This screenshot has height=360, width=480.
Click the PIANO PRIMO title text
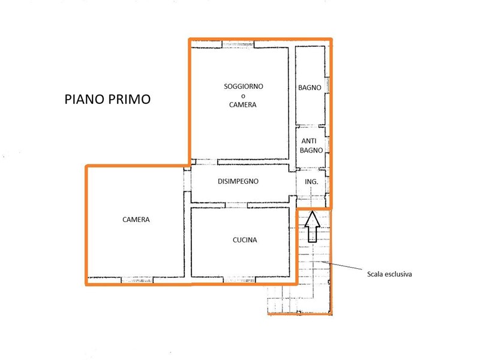click(107, 99)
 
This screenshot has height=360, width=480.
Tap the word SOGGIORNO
click(244, 86)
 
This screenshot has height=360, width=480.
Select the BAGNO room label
click(310, 88)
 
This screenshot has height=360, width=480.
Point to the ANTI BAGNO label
click(311, 146)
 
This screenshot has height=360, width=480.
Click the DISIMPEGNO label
click(238, 181)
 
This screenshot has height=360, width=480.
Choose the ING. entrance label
click(311, 182)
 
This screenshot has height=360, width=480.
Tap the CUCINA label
click(245, 240)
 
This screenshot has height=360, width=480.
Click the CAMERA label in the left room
click(136, 220)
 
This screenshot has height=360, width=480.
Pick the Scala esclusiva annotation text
click(389, 274)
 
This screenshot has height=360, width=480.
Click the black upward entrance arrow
click(312, 226)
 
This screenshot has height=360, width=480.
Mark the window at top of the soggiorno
click(238, 44)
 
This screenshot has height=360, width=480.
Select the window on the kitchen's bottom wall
click(239, 280)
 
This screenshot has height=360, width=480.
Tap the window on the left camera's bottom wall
click(137, 280)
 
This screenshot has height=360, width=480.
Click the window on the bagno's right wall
click(327, 85)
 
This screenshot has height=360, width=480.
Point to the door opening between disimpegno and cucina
click(236, 205)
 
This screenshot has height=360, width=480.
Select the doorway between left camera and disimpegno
click(187, 181)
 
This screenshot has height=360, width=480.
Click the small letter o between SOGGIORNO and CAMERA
click(243, 96)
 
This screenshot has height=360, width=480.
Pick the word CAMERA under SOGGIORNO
click(243, 104)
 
